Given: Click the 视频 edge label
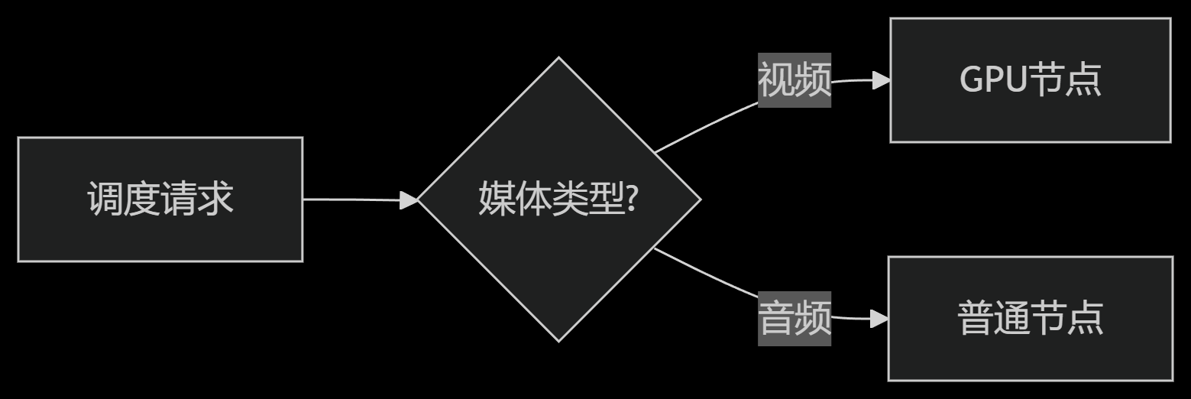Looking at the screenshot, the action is (x=794, y=80).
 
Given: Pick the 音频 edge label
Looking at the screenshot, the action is (x=794, y=319).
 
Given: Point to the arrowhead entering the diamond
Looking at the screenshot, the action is (x=409, y=200).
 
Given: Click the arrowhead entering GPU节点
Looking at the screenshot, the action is (x=881, y=80).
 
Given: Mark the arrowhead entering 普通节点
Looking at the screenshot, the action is (x=879, y=319).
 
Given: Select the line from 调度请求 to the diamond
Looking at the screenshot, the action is (x=351, y=199).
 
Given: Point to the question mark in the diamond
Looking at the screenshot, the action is (x=633, y=200).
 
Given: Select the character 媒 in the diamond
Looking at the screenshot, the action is (x=497, y=200).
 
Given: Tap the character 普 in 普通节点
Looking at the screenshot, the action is (x=976, y=319).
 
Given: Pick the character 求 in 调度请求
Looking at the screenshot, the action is (x=215, y=200).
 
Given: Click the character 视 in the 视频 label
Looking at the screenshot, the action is (x=776, y=80).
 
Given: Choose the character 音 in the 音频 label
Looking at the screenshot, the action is (x=776, y=319).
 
